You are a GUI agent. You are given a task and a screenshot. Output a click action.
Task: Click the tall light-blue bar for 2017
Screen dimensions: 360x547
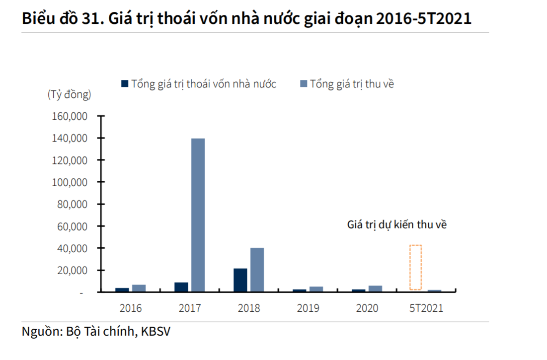coord(198,215)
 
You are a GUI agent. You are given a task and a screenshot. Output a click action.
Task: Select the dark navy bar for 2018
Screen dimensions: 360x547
coord(240,280)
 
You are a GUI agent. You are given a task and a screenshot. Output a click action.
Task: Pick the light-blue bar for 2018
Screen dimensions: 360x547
coord(257,269)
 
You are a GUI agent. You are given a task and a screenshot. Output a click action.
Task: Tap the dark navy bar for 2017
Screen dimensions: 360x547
coord(181,287)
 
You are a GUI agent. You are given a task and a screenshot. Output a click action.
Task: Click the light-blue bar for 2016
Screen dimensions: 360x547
coord(139,288)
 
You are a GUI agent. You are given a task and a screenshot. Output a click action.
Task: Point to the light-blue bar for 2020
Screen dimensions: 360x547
coord(375,288)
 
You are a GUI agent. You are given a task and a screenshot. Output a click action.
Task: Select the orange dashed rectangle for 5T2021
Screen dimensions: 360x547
coord(415,267)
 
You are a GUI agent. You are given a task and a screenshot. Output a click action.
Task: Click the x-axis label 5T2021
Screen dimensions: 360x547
coord(426,308)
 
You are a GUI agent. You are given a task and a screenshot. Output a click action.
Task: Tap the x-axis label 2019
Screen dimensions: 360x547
coord(308,308)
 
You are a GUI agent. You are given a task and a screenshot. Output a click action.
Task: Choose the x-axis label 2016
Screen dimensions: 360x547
coord(131,308)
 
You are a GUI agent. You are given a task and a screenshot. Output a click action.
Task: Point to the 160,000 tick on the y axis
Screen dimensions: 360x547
coord(70,116)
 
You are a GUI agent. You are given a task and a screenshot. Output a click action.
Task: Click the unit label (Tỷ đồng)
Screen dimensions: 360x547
coord(69,94)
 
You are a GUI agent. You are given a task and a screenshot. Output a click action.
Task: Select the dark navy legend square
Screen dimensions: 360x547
coord(125,83)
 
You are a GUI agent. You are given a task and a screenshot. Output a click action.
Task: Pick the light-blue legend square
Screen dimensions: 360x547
coord(304,83)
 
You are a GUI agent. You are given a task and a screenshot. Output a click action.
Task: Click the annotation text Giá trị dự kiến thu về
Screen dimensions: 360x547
coord(397,225)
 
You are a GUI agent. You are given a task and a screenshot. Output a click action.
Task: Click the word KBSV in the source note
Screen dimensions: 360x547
coord(156,332)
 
